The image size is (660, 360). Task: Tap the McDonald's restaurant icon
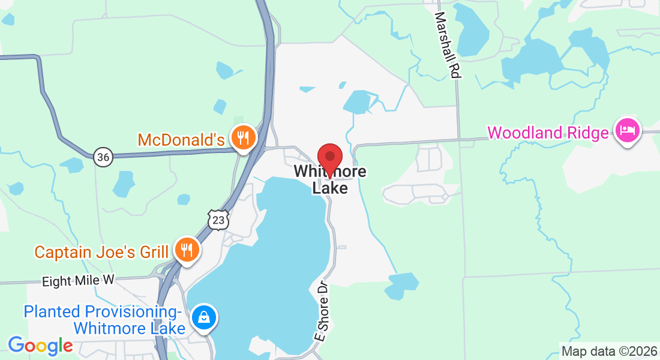[x=243, y=138]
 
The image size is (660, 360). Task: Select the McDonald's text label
[x=181, y=140]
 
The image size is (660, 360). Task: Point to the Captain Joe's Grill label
[x=101, y=252]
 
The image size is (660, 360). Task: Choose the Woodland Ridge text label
[x=548, y=133]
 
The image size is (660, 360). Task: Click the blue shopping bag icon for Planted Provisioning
[x=205, y=317]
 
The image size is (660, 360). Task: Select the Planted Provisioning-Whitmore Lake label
[x=102, y=320]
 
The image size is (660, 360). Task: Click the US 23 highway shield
[x=218, y=221]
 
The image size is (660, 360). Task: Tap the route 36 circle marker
[x=103, y=157]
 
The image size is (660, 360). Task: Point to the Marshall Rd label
[x=448, y=44]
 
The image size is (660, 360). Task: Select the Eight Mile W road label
[x=78, y=281]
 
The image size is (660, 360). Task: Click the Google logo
[x=40, y=346]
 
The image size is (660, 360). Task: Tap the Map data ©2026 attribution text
[x=608, y=351]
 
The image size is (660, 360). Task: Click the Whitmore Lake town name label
[x=330, y=179]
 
